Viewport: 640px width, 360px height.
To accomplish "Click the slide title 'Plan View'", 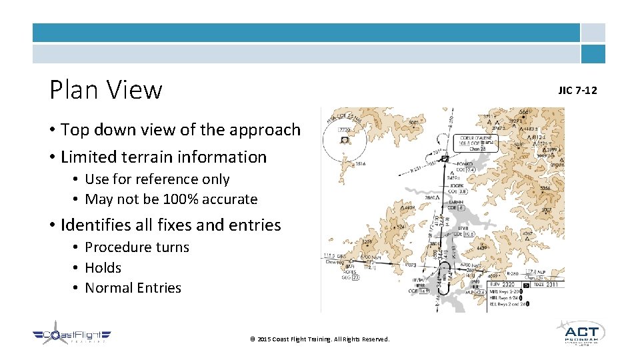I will click(x=106, y=90).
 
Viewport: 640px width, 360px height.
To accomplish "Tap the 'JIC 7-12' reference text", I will click(x=577, y=90).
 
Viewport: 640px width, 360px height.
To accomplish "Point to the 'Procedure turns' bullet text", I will click(x=137, y=247).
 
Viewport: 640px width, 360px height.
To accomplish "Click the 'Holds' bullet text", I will click(x=103, y=268).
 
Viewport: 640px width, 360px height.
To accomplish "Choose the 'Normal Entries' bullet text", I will click(x=133, y=288).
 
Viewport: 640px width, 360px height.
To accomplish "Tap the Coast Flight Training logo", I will click(x=72, y=335).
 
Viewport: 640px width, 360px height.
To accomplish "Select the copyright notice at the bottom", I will click(x=319, y=339).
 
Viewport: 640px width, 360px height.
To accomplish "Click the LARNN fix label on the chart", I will click(x=455, y=201).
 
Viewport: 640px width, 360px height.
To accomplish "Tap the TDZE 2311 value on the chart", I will click(x=545, y=285).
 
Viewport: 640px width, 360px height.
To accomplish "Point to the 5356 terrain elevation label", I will click(x=545, y=189).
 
